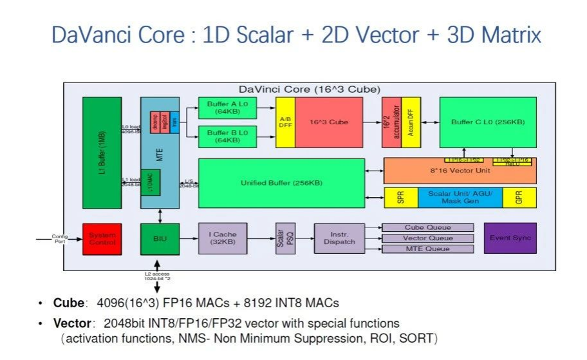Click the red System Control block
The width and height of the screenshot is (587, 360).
click(102, 238)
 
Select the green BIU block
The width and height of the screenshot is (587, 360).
click(160, 238)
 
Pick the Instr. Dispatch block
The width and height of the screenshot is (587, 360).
click(339, 238)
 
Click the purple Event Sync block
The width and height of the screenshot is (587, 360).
click(510, 238)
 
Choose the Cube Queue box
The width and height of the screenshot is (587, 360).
click(427, 227)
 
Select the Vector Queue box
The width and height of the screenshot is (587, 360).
click(427, 238)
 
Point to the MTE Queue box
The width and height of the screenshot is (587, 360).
click(427, 249)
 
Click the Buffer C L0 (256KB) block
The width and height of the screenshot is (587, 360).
click(487, 122)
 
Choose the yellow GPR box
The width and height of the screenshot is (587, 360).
click(519, 198)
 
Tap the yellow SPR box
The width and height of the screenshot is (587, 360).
click(400, 198)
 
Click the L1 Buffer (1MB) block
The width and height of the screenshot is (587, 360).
click(102, 153)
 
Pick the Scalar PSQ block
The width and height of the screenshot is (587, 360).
click(281, 238)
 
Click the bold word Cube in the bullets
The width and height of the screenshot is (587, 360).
click(68, 303)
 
